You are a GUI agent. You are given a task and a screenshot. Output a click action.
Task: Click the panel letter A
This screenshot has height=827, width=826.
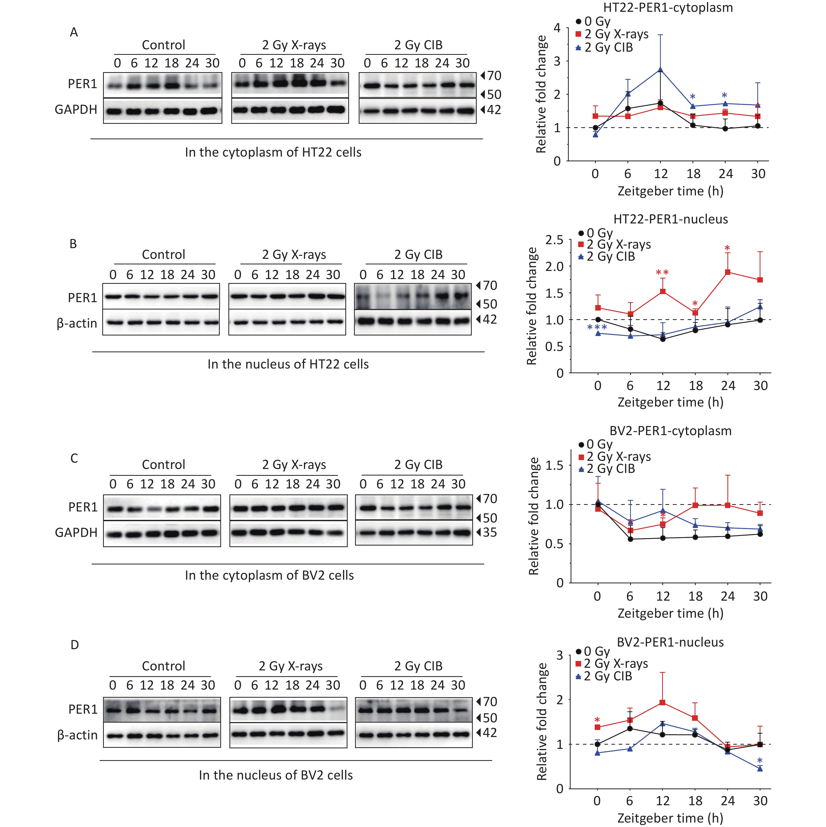click(74, 32)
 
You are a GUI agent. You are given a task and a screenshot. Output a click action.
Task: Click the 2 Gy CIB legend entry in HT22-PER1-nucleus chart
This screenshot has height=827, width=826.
click(607, 257)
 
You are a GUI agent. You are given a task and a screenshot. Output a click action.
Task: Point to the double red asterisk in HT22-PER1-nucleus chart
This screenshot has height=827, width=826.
click(662, 273)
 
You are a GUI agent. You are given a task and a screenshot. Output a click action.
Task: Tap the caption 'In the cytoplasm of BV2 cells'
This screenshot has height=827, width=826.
click(269, 575)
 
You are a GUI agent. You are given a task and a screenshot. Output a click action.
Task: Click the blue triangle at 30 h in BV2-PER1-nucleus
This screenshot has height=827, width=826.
click(760, 768)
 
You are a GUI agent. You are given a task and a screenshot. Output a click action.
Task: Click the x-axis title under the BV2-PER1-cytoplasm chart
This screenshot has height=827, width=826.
click(670, 613)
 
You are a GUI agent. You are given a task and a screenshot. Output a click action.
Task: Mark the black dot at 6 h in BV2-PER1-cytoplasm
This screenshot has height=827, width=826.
click(630, 539)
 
